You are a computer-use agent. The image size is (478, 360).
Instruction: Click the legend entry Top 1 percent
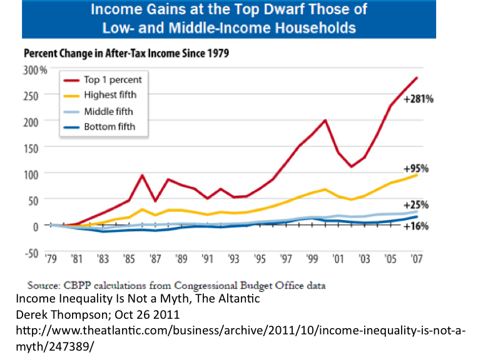tap(112, 79)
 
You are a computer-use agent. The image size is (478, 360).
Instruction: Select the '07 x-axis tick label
tap(415, 258)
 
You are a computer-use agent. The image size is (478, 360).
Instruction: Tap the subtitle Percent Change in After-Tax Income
tap(125, 54)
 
